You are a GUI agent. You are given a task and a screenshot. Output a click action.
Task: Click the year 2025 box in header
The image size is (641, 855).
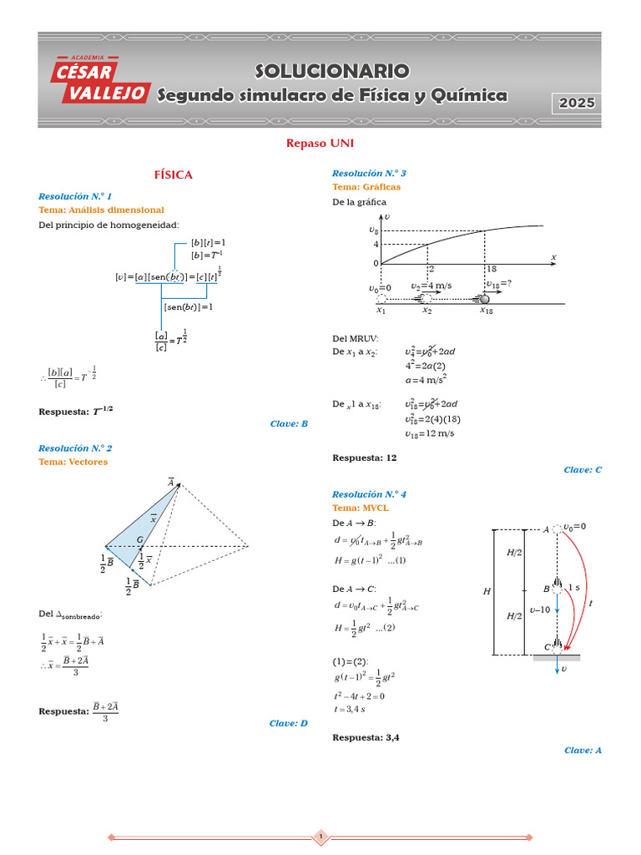point(577,104)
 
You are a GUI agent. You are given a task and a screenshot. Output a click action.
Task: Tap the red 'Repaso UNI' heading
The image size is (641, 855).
point(320,144)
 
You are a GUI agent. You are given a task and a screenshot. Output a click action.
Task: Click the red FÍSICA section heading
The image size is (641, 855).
point(173,175)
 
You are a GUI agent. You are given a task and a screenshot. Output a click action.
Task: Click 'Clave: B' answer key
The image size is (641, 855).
point(289,424)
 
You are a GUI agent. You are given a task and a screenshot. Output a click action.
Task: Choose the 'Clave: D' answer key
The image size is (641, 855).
point(289,724)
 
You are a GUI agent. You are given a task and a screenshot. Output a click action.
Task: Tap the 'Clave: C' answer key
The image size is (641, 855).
point(583,470)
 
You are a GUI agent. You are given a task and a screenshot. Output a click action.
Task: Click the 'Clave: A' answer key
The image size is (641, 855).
point(583,751)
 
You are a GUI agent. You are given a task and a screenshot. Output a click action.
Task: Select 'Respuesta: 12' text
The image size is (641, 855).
point(365,458)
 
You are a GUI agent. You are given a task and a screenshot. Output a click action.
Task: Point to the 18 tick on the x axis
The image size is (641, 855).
point(491,270)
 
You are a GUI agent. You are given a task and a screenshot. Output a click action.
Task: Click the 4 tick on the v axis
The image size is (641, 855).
point(376,245)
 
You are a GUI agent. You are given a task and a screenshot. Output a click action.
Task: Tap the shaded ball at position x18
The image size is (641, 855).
point(484,299)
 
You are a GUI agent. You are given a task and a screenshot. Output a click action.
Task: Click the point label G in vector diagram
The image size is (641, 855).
point(139,540)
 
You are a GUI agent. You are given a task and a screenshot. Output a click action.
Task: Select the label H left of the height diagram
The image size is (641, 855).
point(487,592)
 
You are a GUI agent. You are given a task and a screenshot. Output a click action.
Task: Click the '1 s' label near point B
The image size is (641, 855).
point(573,588)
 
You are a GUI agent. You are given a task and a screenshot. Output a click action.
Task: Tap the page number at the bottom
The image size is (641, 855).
point(320,837)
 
